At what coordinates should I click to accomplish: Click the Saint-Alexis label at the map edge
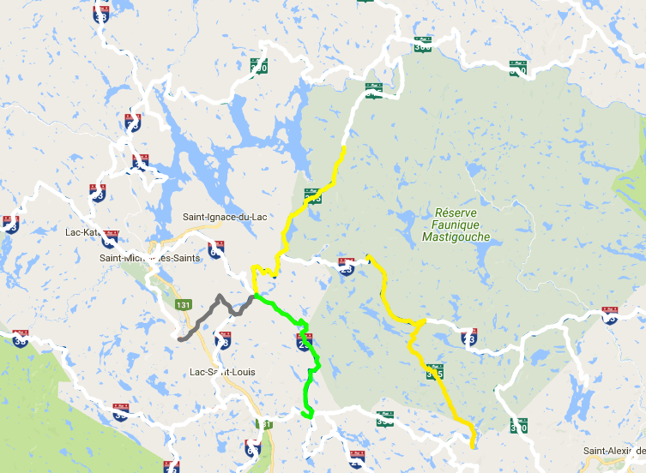614,451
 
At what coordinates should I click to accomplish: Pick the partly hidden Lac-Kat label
84,231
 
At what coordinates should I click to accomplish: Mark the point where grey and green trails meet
255,296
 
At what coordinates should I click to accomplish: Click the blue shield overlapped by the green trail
303,343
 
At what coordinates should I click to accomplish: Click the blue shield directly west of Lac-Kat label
10,225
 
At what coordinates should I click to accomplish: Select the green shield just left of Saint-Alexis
518,424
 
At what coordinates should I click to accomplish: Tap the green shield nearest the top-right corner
517,68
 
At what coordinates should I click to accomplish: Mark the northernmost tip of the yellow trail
344,147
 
